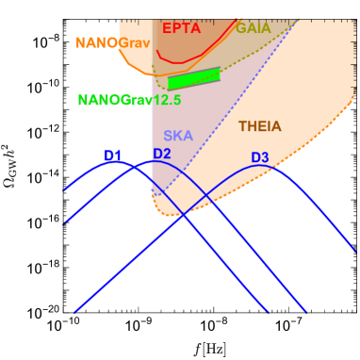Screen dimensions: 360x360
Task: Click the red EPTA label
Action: click(x=181, y=28)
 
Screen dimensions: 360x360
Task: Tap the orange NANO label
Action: click(x=96, y=43)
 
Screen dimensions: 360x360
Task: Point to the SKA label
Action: click(x=177, y=137)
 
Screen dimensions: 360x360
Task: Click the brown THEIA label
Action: click(x=259, y=126)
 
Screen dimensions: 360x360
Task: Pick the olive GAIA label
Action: click(x=253, y=29)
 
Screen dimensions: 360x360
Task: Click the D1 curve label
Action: click(x=113, y=155)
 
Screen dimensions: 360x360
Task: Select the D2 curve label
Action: click(x=162, y=154)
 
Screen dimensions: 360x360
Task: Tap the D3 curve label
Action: click(x=260, y=157)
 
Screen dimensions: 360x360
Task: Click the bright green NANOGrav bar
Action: click(x=193, y=78)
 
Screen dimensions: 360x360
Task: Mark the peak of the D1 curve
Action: click(x=121, y=163)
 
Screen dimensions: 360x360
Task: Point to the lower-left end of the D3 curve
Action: click(x=74, y=311)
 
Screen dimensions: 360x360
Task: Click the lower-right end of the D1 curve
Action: click(x=269, y=311)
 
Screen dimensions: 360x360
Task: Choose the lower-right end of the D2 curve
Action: click(x=306, y=310)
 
